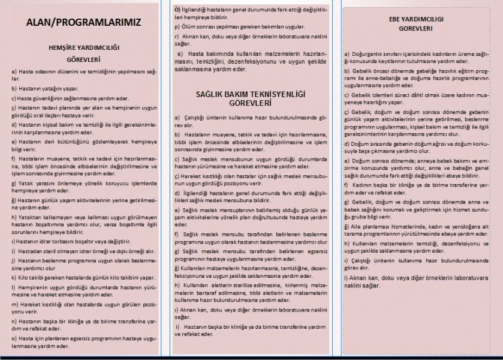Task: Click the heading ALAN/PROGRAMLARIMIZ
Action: [84, 23]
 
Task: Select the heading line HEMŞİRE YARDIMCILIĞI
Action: [84, 49]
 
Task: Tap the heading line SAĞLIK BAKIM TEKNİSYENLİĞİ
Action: [251, 94]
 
